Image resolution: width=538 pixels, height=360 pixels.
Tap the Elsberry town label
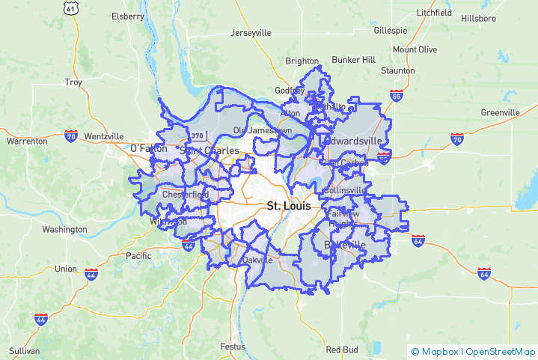(x=127, y=16)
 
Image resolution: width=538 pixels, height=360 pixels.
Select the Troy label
(x=73, y=82)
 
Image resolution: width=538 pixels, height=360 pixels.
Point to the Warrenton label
(x=27, y=141)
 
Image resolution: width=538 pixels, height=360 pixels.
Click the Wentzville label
(x=104, y=136)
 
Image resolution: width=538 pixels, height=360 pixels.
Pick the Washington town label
(x=64, y=230)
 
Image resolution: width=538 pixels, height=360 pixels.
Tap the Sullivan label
(x=25, y=350)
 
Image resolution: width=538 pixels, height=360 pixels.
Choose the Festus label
(x=233, y=347)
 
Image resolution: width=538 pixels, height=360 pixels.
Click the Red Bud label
(x=342, y=350)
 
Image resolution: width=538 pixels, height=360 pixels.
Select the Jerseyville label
(x=251, y=33)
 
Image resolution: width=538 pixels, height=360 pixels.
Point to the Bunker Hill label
(x=353, y=59)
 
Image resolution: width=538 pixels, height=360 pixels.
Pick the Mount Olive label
(x=415, y=49)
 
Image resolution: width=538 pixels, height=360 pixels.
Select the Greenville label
(x=500, y=112)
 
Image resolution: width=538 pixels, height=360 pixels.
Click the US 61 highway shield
(x=70, y=8)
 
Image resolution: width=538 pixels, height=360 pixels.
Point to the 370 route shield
(x=197, y=135)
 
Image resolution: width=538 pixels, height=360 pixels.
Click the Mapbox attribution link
(x=438, y=351)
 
